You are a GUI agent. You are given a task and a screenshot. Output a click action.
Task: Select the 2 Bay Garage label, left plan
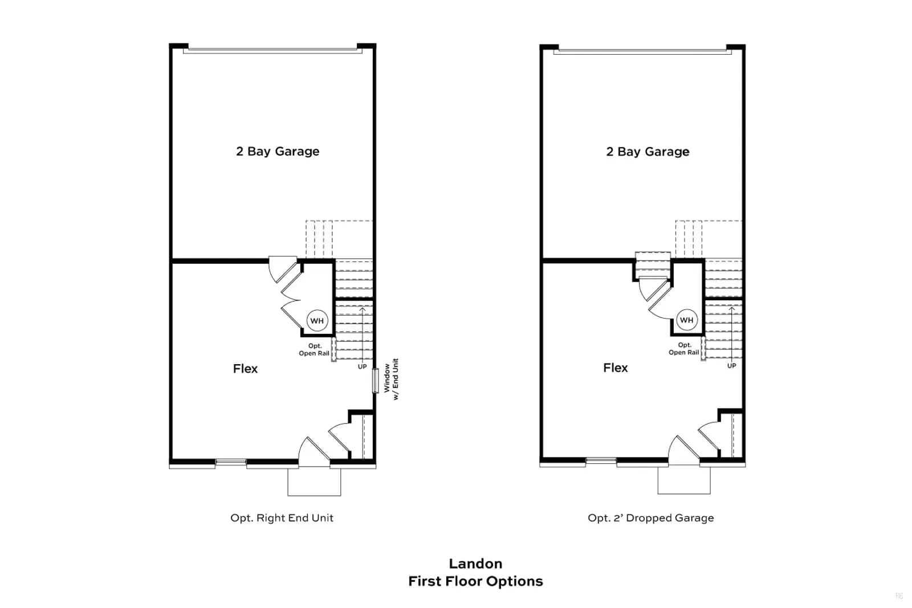(278, 152)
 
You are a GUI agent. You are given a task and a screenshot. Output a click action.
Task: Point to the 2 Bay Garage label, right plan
(648, 152)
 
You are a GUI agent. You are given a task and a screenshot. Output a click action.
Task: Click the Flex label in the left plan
(245, 369)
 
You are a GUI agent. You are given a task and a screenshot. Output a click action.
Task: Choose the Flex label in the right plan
(615, 368)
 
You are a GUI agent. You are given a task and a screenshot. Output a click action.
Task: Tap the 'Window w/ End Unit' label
(391, 380)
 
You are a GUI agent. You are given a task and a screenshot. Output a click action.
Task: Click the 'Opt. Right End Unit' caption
(282, 517)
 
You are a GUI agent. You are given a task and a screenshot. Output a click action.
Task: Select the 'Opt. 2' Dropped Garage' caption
(650, 517)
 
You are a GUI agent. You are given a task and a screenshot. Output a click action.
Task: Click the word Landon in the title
(475, 564)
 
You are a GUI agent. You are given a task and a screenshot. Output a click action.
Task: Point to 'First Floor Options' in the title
(475, 582)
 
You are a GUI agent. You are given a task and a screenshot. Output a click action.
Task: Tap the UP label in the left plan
(363, 366)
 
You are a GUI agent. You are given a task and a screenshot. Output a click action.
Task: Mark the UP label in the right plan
(732, 366)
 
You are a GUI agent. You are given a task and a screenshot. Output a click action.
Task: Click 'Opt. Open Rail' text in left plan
(314, 349)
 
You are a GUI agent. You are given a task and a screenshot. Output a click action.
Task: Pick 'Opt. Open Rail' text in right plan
(684, 349)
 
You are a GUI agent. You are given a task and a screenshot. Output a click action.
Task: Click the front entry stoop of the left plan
(314, 482)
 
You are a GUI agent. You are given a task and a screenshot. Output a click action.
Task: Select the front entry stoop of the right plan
(684, 480)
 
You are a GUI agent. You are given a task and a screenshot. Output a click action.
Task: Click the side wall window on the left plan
(376, 381)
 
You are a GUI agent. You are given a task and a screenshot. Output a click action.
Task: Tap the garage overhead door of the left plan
(272, 51)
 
